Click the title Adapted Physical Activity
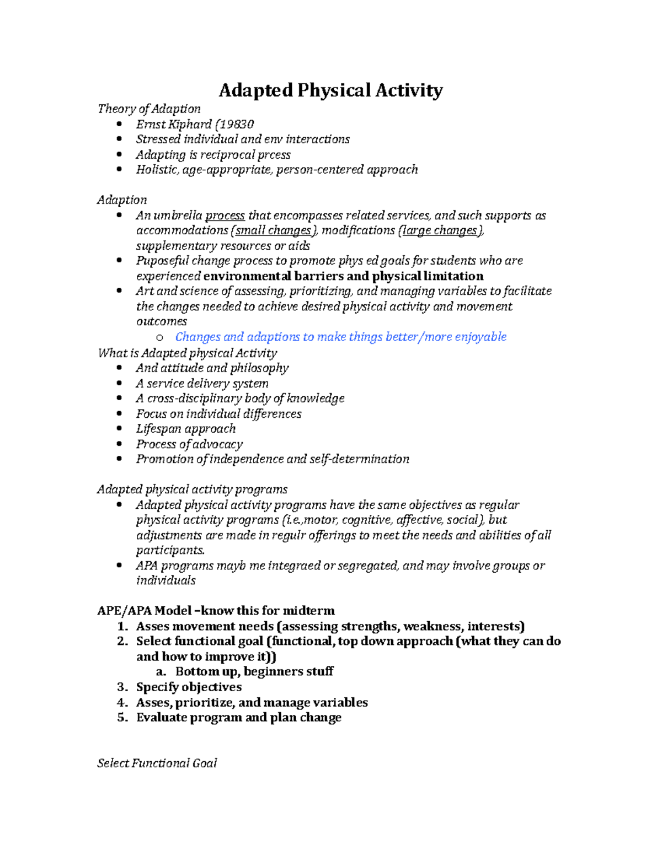330,90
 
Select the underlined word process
225,216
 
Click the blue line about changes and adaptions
340,337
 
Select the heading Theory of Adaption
149,109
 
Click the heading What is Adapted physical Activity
187,353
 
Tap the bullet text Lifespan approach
186,429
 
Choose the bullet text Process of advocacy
189,444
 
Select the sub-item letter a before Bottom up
160,671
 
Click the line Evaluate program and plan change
238,717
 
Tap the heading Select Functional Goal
157,763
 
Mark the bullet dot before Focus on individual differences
120,413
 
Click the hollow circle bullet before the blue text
160,337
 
